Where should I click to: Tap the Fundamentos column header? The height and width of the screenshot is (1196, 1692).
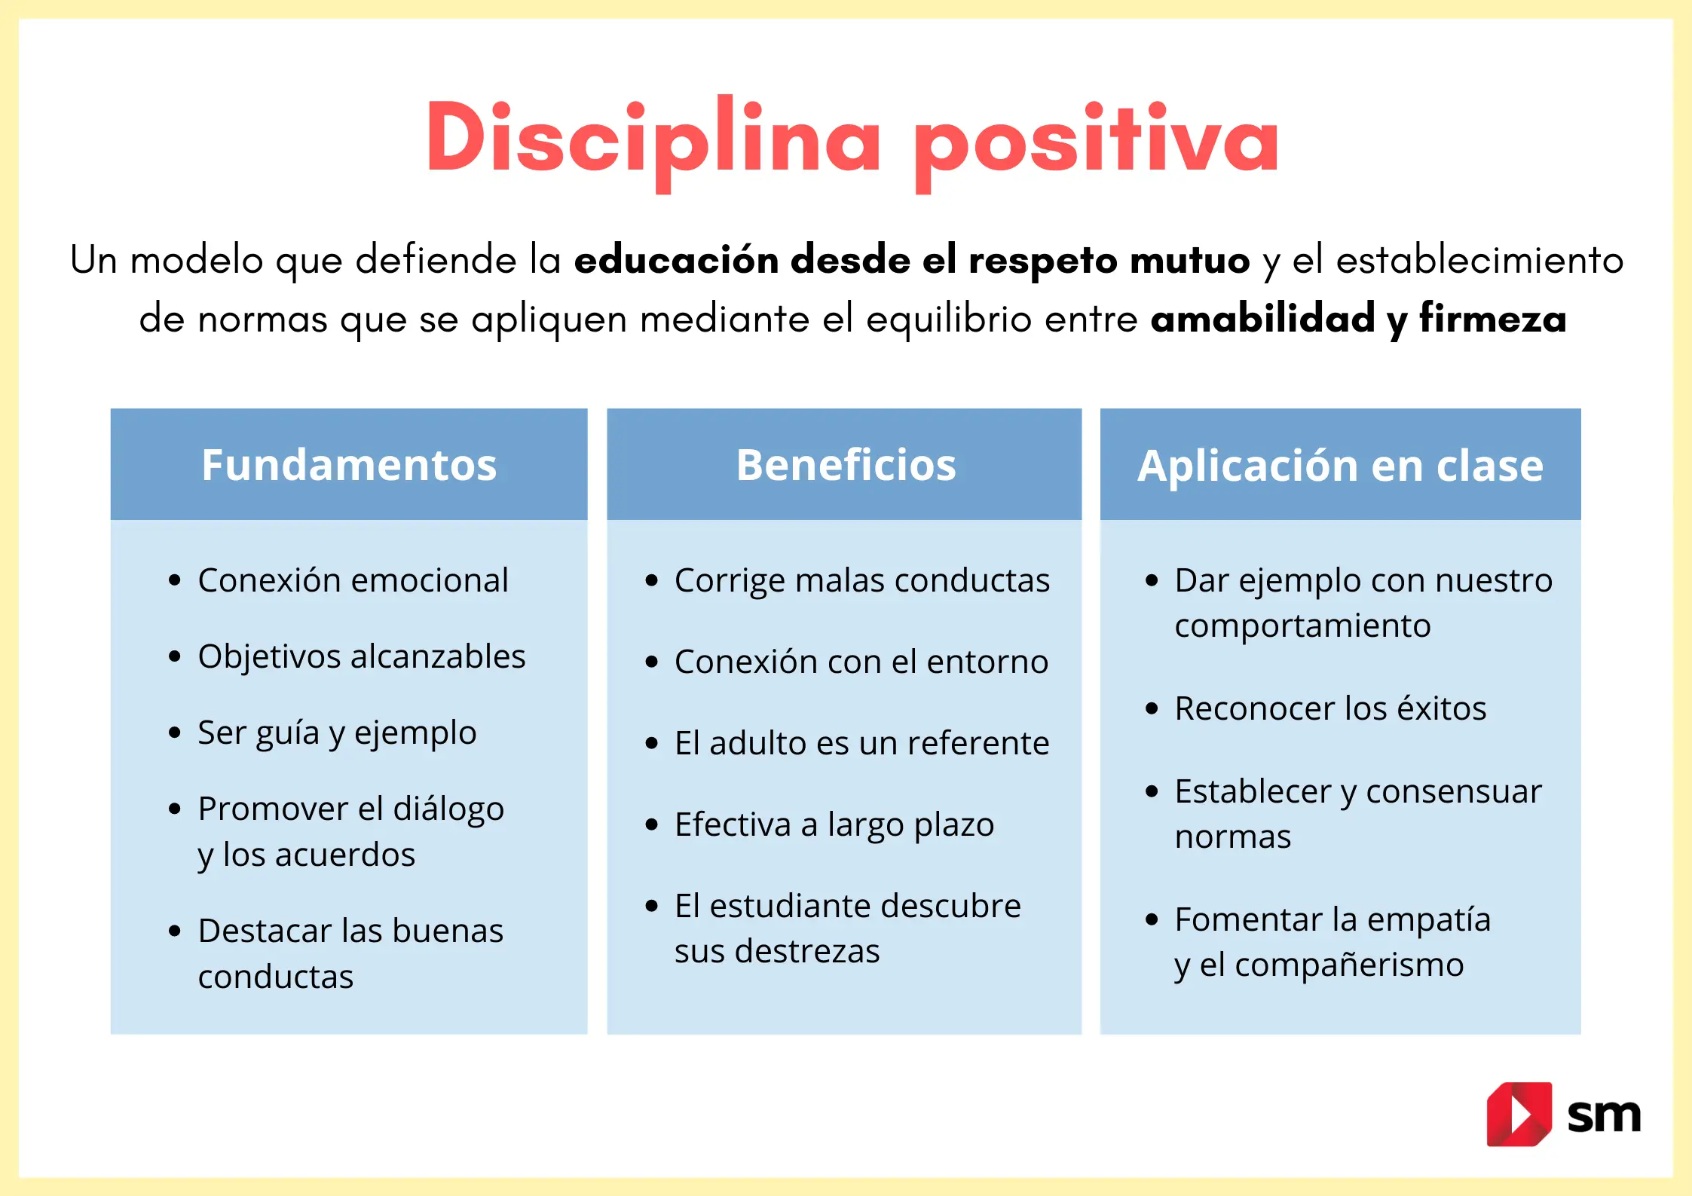point(349,464)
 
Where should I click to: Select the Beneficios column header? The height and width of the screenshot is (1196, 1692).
point(846,464)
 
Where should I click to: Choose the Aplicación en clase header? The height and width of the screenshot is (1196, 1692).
point(1340,465)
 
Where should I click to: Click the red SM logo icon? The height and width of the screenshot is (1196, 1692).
point(1518,1114)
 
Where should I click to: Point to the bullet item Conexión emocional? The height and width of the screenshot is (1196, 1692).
point(353,580)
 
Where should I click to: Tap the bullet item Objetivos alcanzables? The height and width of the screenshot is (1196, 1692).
point(361,656)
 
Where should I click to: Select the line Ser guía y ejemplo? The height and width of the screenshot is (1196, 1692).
point(337,733)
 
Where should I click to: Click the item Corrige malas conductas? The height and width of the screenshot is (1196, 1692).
point(861,580)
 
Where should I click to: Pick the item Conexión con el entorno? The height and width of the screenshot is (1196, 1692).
point(861,662)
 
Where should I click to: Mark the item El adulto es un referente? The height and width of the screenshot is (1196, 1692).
point(861,743)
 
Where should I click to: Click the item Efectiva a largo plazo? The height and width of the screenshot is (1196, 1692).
point(834,824)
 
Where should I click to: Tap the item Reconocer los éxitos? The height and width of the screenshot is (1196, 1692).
point(1330,708)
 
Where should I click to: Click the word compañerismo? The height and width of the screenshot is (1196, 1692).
point(1349,965)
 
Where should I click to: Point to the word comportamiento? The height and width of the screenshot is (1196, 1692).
point(1302,626)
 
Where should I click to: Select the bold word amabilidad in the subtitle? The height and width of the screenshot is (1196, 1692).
point(1263,318)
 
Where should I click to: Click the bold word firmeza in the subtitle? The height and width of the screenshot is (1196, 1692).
point(1493,318)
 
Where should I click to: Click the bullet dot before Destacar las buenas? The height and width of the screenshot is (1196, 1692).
point(175,931)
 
